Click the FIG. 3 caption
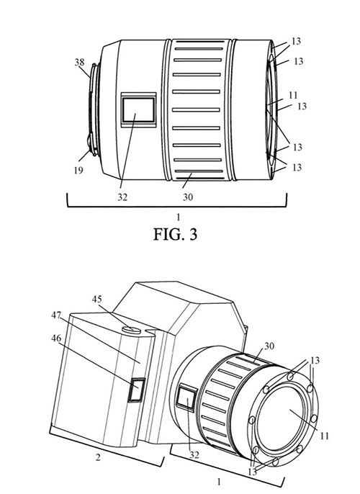(175, 235)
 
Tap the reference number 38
(79, 62)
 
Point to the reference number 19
(78, 171)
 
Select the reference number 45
(97, 299)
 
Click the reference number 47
(56, 315)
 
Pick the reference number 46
(56, 338)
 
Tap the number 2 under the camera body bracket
(98, 457)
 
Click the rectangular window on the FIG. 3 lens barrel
(138, 109)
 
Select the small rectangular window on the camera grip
(136, 390)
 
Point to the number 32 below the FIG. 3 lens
(122, 197)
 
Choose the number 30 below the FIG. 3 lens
(188, 197)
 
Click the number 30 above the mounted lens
(269, 346)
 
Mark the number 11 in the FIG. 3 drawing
(293, 95)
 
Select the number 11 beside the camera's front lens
(325, 436)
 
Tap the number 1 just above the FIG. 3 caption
(179, 217)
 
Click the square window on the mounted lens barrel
(186, 398)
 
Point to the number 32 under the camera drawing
(194, 454)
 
